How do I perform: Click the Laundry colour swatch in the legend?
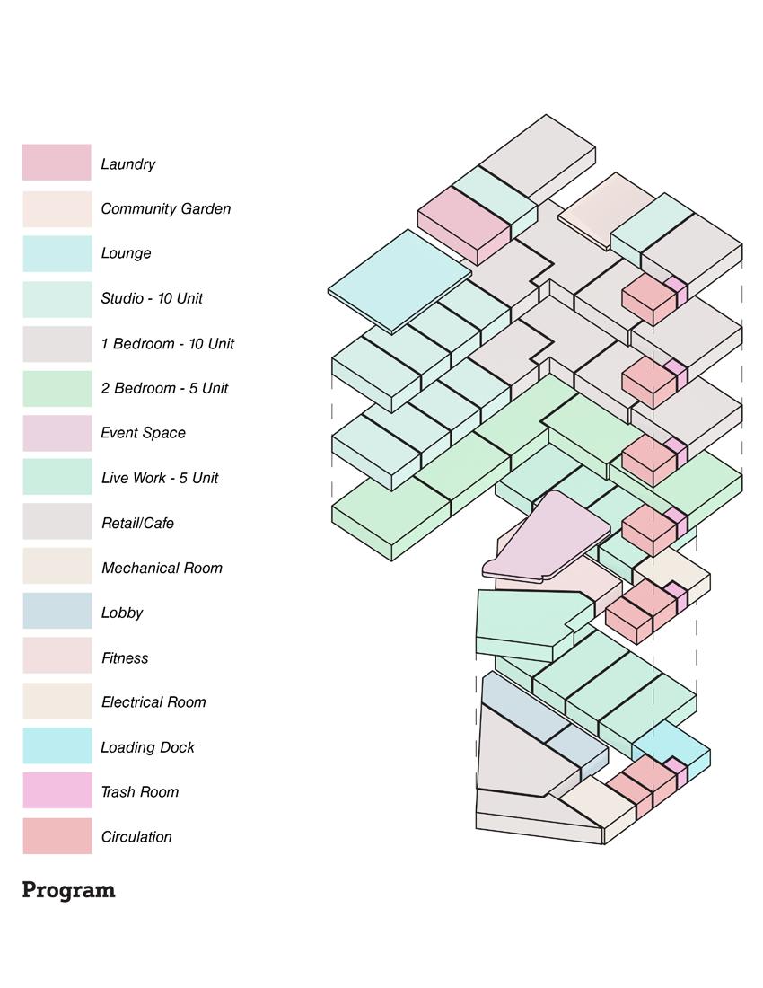57,163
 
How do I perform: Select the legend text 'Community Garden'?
165,208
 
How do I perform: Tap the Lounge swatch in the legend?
57,253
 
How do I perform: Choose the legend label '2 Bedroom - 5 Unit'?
164,388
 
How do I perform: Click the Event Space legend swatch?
57,433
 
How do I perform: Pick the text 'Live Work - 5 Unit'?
160,478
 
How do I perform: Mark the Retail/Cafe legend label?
137,523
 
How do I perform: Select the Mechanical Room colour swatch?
57,567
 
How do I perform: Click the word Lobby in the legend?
122,613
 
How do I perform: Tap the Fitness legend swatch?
57,657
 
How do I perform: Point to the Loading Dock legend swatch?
57,746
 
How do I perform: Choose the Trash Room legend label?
139,791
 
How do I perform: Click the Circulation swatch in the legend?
57,836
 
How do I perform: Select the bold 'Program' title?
68,890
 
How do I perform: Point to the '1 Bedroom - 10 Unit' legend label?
167,343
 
